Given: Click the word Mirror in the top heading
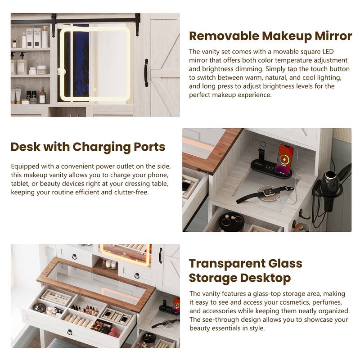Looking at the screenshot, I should (327, 36).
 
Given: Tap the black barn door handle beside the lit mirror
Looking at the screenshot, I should (146, 72).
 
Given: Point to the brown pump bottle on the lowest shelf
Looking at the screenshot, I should (42, 95).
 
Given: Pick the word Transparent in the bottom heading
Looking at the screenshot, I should (227, 264).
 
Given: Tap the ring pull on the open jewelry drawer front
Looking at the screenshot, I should (70, 333).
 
